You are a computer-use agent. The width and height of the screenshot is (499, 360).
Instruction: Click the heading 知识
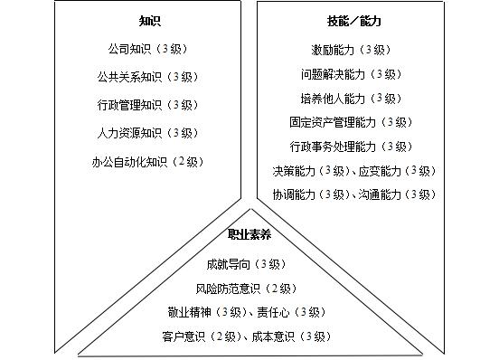[150, 21]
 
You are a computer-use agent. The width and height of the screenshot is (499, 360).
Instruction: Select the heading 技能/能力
[354, 21]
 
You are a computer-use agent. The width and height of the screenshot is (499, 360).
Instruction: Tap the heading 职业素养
[249, 234]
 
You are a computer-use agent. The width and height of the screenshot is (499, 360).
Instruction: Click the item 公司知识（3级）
[148, 49]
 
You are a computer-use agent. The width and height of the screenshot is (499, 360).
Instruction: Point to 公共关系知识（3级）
[148, 77]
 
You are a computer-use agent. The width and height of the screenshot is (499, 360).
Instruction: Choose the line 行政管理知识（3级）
[148, 105]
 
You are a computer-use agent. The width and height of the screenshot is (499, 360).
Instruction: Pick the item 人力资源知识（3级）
[148, 133]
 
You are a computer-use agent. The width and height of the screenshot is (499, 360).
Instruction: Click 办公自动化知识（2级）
[148, 162]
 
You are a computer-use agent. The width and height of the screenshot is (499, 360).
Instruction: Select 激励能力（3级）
[352, 50]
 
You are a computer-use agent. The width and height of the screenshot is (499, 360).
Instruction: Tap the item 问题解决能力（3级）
[352, 74]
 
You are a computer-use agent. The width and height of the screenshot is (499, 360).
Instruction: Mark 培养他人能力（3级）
[352, 99]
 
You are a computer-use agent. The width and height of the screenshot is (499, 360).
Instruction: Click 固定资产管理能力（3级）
[352, 122]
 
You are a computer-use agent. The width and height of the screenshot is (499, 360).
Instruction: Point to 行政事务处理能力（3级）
[352, 147]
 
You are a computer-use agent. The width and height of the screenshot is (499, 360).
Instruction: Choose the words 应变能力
[380, 171]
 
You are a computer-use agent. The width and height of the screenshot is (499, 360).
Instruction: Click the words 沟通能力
[380, 194]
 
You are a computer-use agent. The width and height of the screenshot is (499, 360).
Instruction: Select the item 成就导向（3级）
[247, 264]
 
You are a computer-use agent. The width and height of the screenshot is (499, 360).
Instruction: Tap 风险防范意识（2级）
[247, 289]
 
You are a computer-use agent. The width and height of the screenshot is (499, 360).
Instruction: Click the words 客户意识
[184, 336]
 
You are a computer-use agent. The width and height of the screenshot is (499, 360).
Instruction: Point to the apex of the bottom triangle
[250, 209]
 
